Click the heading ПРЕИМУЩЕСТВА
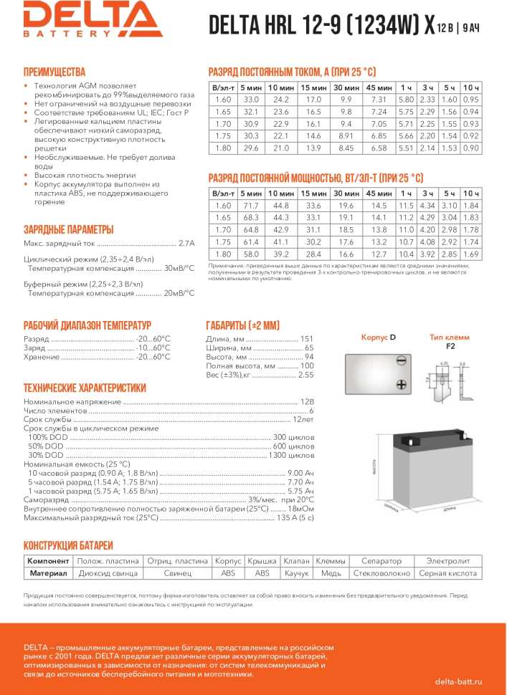[55, 72]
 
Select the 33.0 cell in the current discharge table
[251, 99]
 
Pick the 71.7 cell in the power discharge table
[251, 206]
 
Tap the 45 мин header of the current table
[379, 87]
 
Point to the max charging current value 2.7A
[186, 242]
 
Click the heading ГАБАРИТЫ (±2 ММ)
[247, 324]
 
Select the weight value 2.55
[305, 375]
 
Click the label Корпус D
[378, 337]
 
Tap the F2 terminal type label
[450, 346]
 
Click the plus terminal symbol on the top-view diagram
[401, 385]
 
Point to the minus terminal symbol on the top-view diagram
[401, 362]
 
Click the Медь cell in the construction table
[331, 573]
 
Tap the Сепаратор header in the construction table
[381, 560]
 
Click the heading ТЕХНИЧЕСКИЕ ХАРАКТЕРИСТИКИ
[85, 388]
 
